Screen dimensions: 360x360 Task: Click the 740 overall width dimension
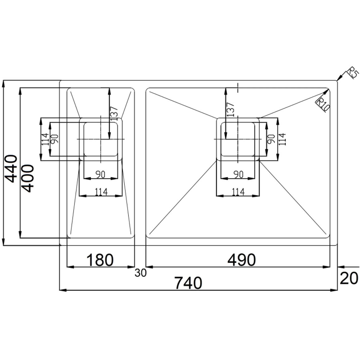point(188,283)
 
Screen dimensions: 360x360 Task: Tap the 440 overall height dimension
point(11,169)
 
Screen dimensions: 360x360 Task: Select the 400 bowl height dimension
point(28,178)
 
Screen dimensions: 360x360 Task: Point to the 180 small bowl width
point(100,260)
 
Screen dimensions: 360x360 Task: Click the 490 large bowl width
point(242,260)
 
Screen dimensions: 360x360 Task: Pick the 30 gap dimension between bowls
point(140,273)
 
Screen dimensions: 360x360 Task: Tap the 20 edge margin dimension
point(349,278)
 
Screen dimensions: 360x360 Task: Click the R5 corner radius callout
point(353,73)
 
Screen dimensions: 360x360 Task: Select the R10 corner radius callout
point(323,104)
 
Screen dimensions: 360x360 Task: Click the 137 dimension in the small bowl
point(114,114)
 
